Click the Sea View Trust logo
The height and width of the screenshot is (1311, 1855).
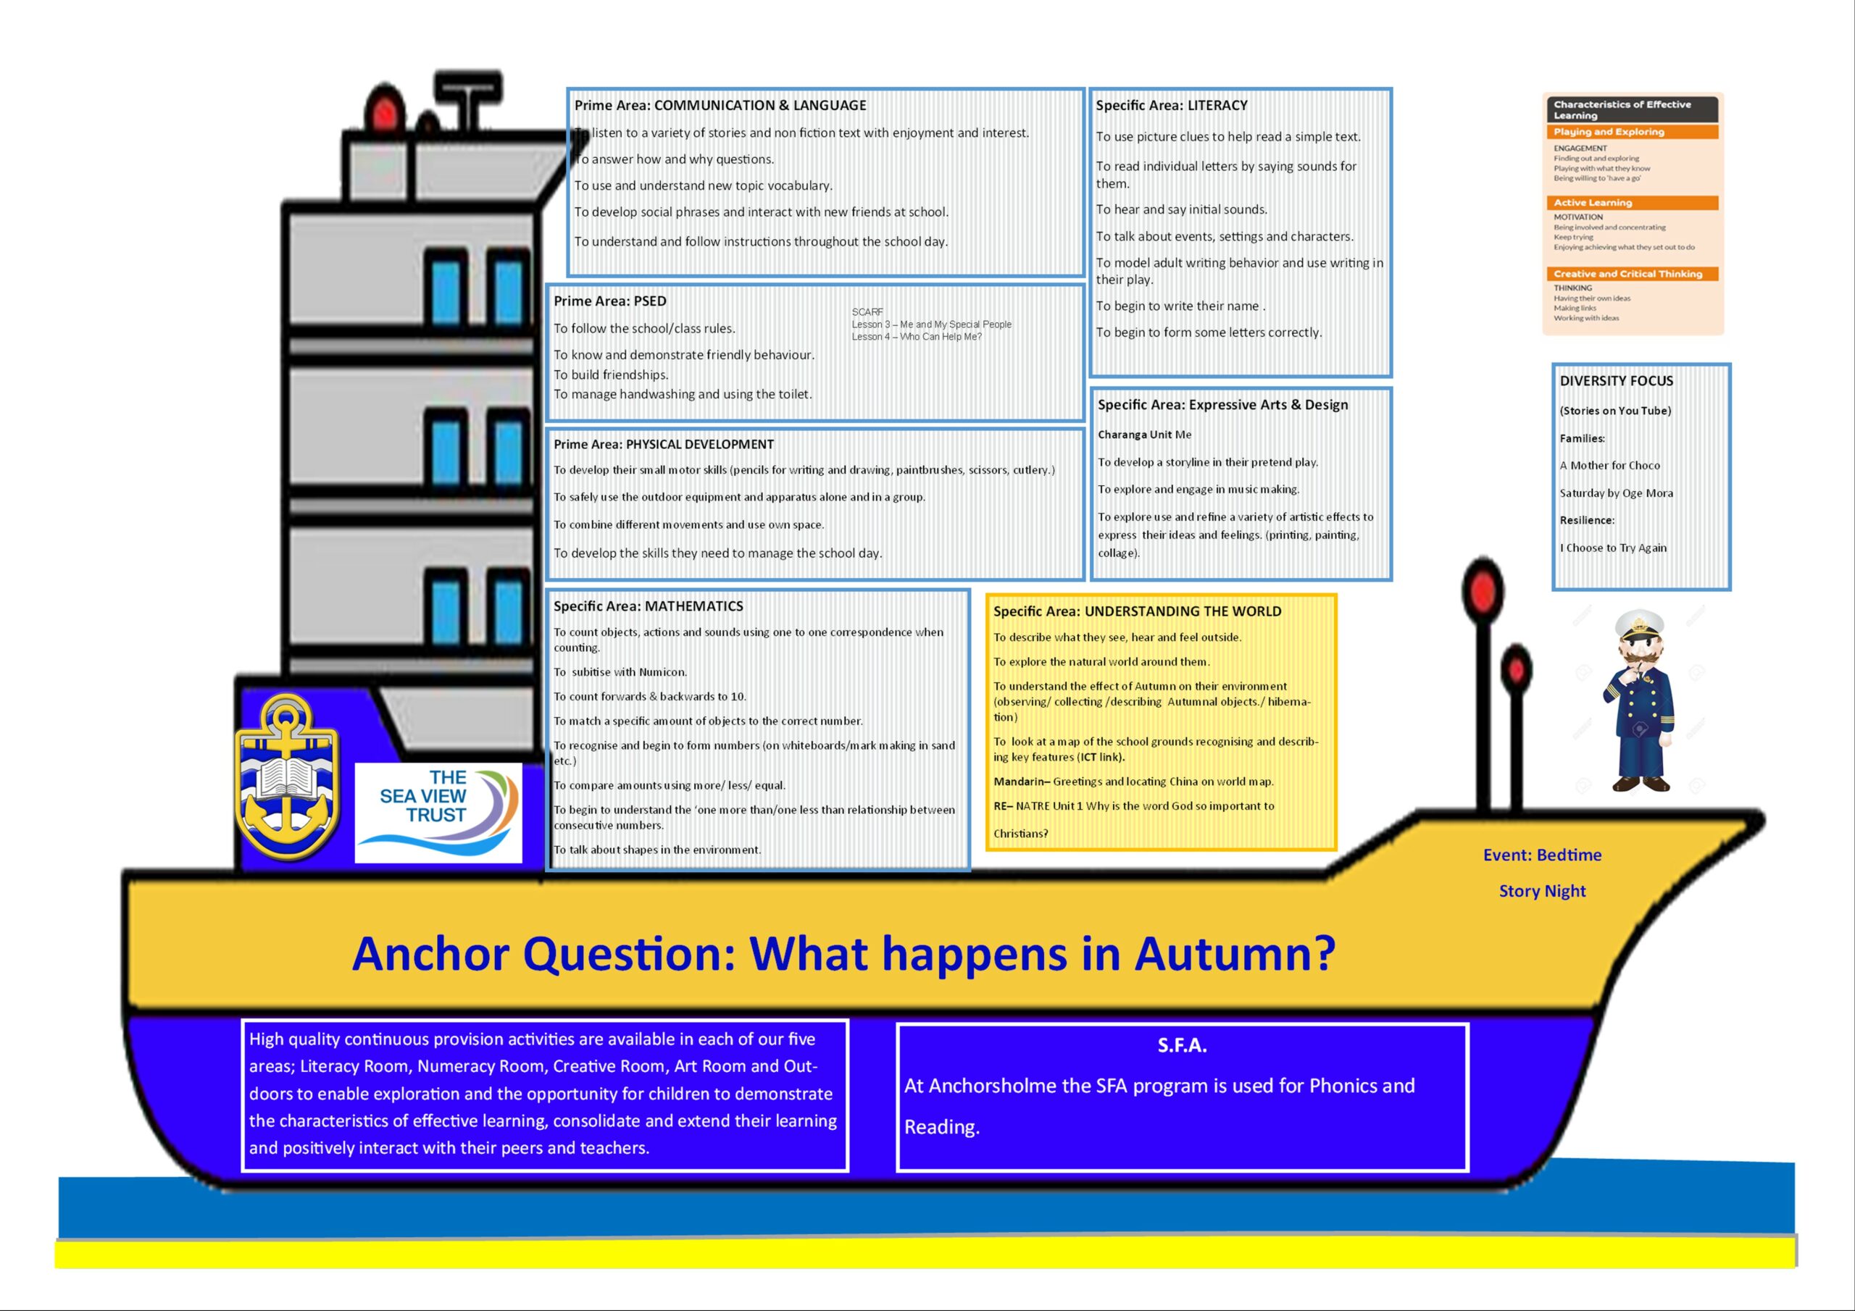[438, 813]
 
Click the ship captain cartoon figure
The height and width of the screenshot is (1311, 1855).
[1639, 700]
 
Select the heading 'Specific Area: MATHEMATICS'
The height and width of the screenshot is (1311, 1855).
[648, 606]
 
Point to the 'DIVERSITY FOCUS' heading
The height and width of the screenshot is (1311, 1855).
[1616, 380]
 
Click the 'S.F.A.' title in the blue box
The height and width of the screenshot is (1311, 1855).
[1182, 1045]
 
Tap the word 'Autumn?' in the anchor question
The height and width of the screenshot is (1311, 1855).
[1235, 954]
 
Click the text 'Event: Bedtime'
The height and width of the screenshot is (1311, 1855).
[1541, 855]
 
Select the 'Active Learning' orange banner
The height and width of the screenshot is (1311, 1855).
[1632, 203]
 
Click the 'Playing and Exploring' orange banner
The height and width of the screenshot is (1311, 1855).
[1632, 132]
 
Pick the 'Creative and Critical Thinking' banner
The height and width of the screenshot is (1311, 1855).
[1632, 274]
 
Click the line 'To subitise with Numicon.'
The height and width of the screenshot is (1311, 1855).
[620, 672]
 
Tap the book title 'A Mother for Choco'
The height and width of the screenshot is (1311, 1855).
[1609, 465]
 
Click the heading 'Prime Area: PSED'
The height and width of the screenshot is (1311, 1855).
[610, 301]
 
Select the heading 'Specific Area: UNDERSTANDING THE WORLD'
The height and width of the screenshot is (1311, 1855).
[1137, 611]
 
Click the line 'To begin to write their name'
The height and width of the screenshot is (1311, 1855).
[1180, 306]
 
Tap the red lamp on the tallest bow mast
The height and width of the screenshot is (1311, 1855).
[1483, 590]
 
